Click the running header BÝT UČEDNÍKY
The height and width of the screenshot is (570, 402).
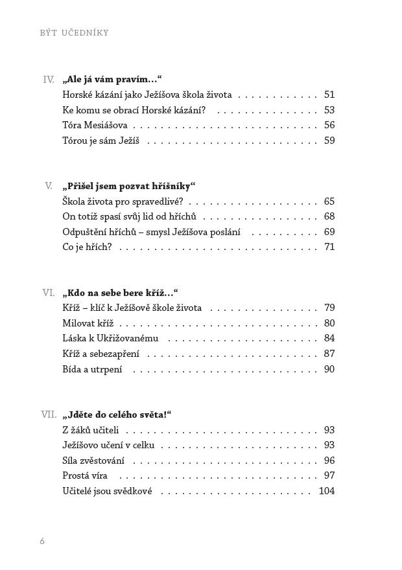(x=75, y=33)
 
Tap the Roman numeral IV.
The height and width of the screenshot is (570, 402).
(x=49, y=80)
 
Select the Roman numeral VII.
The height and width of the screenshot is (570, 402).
(x=49, y=415)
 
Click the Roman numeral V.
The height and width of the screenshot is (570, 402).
(x=49, y=186)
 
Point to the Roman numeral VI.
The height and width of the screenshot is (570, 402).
(x=49, y=293)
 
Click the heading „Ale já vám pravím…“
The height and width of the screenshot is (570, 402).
(x=112, y=80)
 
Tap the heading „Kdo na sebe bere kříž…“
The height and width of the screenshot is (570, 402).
(x=121, y=293)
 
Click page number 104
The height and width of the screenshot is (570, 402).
(x=327, y=491)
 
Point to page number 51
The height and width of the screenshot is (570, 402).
(x=329, y=95)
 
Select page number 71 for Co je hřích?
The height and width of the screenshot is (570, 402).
(x=329, y=247)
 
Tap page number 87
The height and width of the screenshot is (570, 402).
(x=329, y=354)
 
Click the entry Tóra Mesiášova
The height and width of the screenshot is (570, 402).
(x=95, y=125)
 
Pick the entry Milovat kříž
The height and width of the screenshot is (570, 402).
(x=88, y=323)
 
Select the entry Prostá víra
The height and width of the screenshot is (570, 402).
(x=84, y=475)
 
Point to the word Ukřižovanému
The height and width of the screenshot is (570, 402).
(x=129, y=338)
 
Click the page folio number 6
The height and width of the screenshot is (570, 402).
(x=42, y=541)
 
